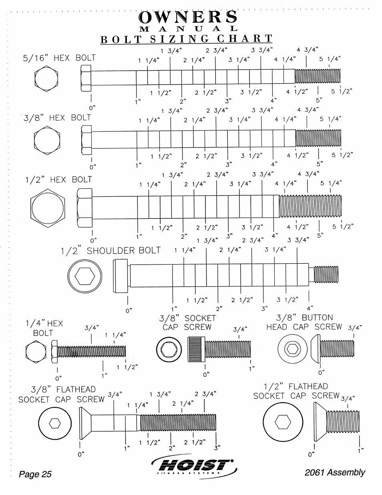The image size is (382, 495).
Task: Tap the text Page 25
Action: click(35, 474)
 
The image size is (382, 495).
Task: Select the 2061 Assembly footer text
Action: click(335, 473)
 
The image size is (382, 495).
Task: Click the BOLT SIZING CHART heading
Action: click(186, 39)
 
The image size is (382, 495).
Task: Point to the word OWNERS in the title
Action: click(188, 17)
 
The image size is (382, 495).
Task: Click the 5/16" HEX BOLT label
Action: click(59, 58)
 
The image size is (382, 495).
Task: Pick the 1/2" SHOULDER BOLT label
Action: click(111, 251)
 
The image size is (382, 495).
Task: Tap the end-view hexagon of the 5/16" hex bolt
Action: click(46, 79)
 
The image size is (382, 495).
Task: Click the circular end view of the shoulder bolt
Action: click(84, 276)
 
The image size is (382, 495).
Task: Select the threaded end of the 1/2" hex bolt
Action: click(310, 206)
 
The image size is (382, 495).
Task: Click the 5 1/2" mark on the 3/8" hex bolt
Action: click(342, 155)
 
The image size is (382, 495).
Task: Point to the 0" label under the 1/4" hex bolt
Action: click(58, 378)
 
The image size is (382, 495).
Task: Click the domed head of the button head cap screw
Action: click(316, 349)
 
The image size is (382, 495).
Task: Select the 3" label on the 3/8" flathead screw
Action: click(217, 448)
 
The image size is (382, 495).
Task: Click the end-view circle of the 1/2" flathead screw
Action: click(283, 422)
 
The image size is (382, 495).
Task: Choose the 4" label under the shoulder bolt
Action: click(310, 309)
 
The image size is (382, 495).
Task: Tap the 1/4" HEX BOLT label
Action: click(44, 328)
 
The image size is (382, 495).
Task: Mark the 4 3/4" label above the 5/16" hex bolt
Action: click(308, 50)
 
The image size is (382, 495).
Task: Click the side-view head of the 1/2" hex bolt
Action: click(84, 208)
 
